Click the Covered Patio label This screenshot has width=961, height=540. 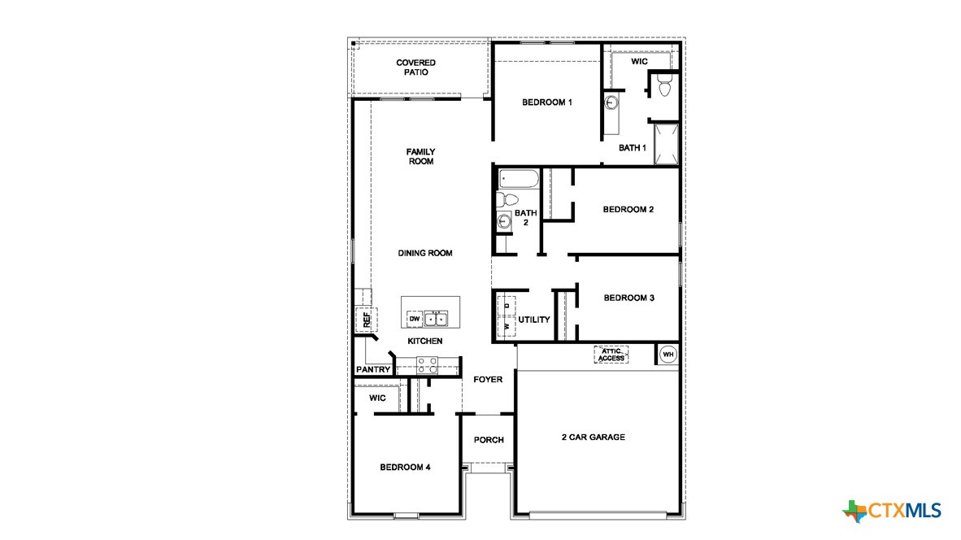click(x=415, y=67)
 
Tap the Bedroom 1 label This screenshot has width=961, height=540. click(x=547, y=102)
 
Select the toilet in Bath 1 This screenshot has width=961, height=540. click(x=663, y=85)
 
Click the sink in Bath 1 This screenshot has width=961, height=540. click(x=612, y=103)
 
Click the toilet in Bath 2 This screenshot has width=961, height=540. click(x=507, y=199)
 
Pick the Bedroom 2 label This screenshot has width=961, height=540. click(x=628, y=210)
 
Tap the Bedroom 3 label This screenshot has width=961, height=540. click(x=628, y=298)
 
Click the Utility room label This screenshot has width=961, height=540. click(x=534, y=320)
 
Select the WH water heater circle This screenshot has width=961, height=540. click(x=667, y=354)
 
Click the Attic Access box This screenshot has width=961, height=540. click(x=611, y=355)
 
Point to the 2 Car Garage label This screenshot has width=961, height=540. click(x=593, y=438)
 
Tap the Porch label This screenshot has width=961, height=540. click(x=489, y=440)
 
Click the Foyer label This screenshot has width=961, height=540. click(x=488, y=380)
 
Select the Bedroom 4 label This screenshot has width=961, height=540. click(x=405, y=468)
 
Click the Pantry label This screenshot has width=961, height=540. click(x=373, y=370)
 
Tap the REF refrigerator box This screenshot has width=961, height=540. click(x=366, y=319)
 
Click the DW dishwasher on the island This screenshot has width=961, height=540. click(x=414, y=319)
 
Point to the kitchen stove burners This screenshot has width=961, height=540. click(x=428, y=365)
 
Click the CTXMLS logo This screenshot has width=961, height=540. click(x=892, y=511)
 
